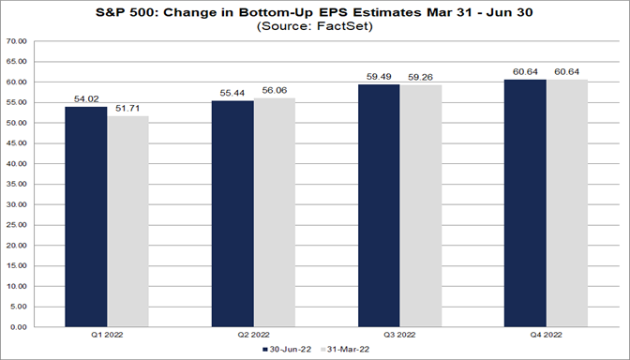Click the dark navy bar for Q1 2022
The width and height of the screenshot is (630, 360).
coord(86,217)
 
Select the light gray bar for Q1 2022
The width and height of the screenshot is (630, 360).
coord(127,222)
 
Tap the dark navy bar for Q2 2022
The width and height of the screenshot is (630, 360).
coord(232,215)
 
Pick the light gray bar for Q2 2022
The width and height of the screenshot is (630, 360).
coord(274,214)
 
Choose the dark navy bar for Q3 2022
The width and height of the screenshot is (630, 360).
coord(379,206)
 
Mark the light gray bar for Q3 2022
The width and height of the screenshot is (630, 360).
coord(420,207)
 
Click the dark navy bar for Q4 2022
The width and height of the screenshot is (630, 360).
coord(525,204)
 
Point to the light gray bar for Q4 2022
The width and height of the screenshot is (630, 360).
coord(566,204)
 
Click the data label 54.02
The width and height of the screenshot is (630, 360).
coord(86,99)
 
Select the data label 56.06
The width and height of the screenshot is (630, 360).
coord(274,91)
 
